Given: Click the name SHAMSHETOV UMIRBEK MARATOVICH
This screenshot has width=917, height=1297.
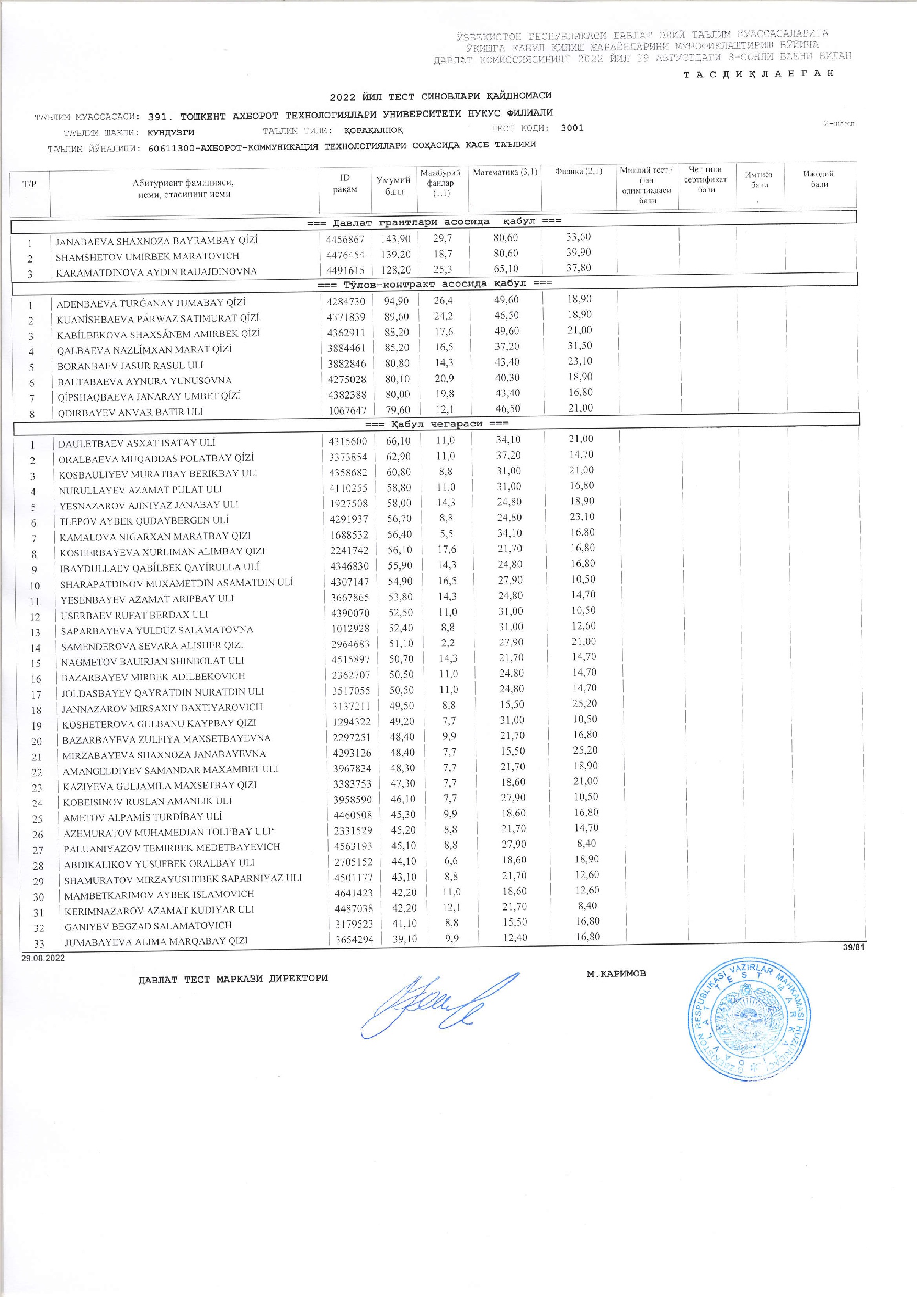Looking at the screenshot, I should click(148, 256).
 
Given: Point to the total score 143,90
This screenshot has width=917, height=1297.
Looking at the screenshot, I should click(395, 238).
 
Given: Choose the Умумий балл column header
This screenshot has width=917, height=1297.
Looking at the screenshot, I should click(393, 185).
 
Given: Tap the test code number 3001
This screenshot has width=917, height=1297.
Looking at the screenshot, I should click(572, 128).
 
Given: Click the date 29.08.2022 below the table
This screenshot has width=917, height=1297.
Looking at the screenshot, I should click(43, 958).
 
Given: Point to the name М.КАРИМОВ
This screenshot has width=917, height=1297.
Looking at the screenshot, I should click(616, 973).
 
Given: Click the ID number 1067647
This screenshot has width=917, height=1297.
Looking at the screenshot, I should click(347, 410).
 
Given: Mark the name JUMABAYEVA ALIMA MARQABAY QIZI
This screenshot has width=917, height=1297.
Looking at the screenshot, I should click(156, 941).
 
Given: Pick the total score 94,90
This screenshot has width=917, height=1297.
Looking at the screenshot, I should click(395, 301).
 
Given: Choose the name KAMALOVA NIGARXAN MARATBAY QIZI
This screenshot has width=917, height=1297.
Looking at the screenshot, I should click(155, 536).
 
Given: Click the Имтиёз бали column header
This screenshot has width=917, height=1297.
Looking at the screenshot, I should click(760, 179).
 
